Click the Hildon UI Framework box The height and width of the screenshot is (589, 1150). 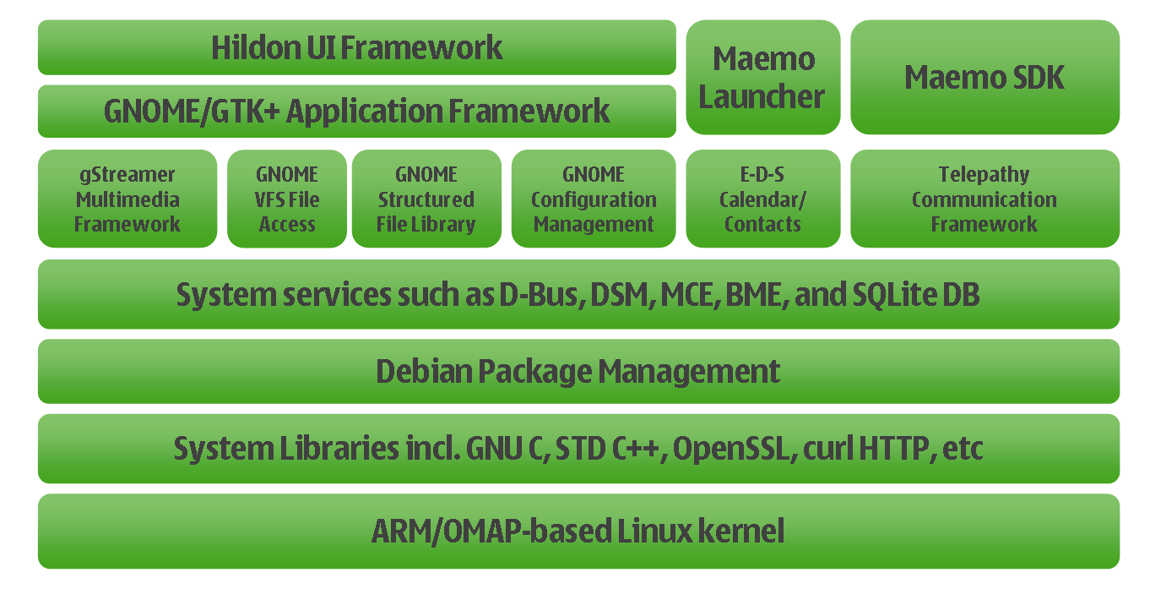(x=356, y=47)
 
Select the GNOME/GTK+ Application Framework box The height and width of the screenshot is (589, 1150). (x=356, y=111)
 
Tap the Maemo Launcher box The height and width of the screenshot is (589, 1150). (x=762, y=77)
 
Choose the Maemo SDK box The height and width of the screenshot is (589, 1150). (x=985, y=77)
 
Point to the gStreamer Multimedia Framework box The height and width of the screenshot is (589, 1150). (x=127, y=199)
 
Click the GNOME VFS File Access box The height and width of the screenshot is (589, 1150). (x=287, y=199)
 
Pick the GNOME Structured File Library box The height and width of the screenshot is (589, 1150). (x=426, y=199)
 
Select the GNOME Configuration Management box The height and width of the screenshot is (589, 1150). (x=594, y=199)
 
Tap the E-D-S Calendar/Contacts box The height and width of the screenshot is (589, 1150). (x=762, y=199)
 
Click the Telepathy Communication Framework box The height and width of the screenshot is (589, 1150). (x=985, y=199)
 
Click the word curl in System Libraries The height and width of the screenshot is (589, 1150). (x=828, y=448)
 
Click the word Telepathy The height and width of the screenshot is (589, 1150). (x=984, y=175)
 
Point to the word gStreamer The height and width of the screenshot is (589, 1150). (x=127, y=175)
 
